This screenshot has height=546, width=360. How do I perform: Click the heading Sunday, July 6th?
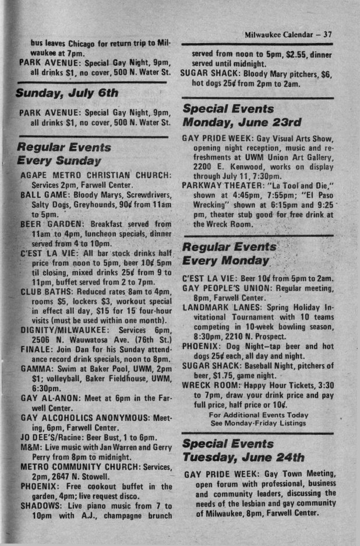click(x=67, y=93)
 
